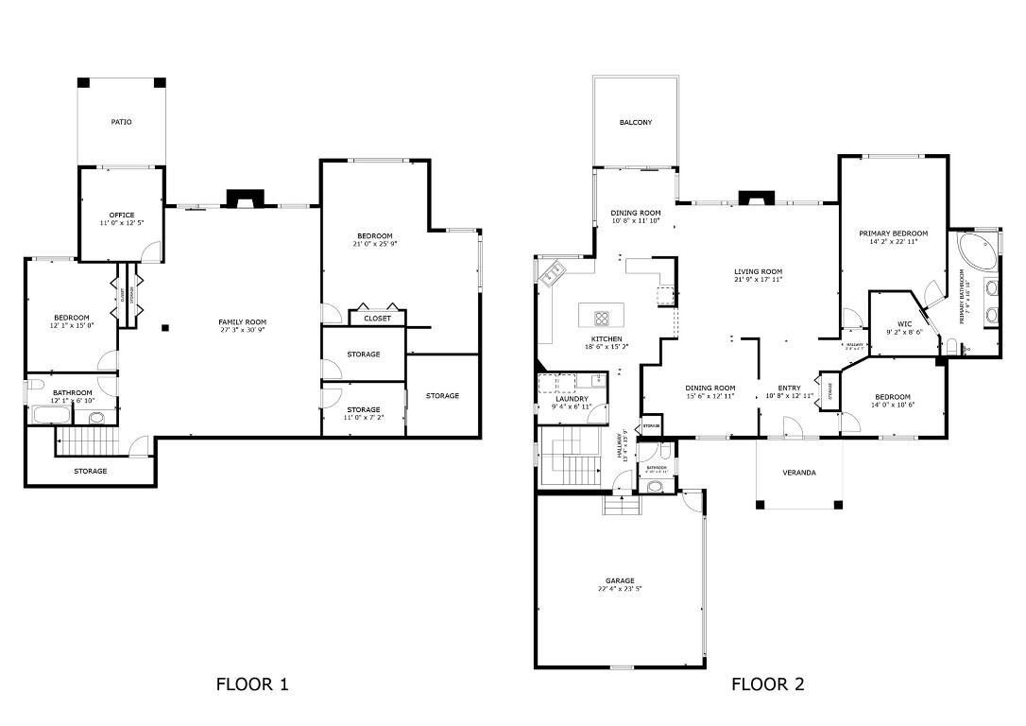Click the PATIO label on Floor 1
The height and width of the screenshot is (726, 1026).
pyautogui.click(x=121, y=122)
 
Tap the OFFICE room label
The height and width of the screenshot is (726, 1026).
pyautogui.click(x=121, y=215)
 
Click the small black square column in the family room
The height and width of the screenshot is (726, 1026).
pyautogui.click(x=165, y=328)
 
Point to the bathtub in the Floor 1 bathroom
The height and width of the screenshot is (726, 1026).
pyautogui.click(x=50, y=415)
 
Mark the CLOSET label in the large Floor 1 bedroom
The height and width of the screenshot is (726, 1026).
pyautogui.click(x=377, y=319)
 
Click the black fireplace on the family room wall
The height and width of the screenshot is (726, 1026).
pyautogui.click(x=245, y=199)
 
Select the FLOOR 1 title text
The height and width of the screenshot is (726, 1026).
pyautogui.click(x=252, y=684)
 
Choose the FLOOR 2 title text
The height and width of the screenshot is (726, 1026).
pyautogui.click(x=767, y=684)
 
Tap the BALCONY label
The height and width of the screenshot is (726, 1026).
pyautogui.click(x=635, y=122)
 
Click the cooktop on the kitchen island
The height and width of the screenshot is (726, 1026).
pyautogui.click(x=602, y=318)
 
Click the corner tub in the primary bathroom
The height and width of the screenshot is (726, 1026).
pyautogui.click(x=972, y=251)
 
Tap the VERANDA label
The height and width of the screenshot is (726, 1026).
pyautogui.click(x=799, y=473)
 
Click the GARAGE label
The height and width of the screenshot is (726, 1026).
pyautogui.click(x=620, y=580)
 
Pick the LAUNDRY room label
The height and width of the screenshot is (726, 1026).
pyautogui.click(x=573, y=399)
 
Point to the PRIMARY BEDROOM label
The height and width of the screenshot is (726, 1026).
pyautogui.click(x=893, y=233)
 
